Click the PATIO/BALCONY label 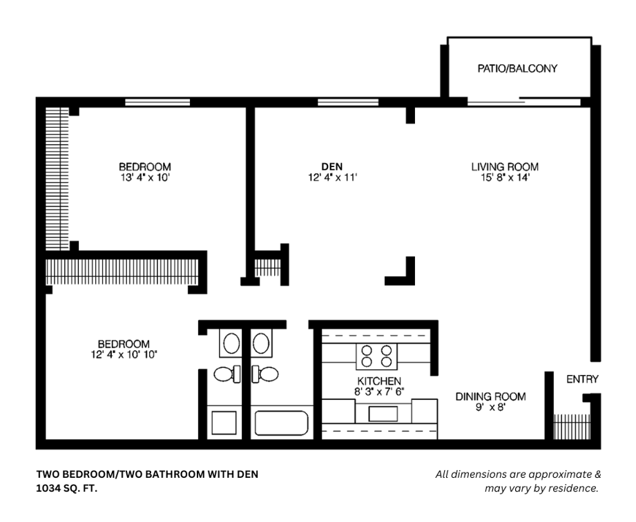click(x=517, y=68)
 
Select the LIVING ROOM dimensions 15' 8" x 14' click(x=505, y=177)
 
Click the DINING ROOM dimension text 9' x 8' click(x=490, y=407)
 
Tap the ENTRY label click(x=582, y=379)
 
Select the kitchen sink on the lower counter click(x=383, y=413)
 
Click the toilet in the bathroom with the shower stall click(x=227, y=374)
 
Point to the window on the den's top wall click(x=348, y=102)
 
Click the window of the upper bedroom click(x=157, y=102)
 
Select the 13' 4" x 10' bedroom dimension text click(x=144, y=177)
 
